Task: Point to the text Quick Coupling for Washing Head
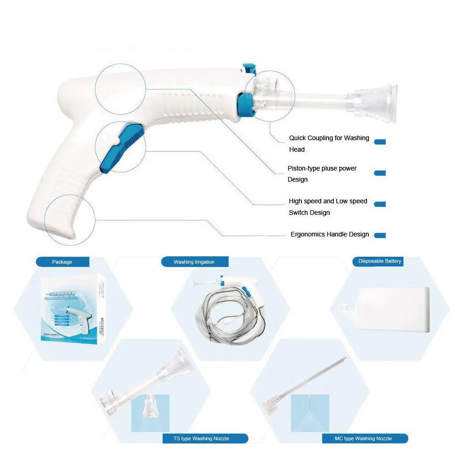(329, 143)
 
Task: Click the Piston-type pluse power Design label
(322, 174)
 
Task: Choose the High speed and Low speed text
(328, 207)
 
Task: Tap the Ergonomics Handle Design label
(329, 234)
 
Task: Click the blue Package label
(62, 262)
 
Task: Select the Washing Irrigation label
(194, 262)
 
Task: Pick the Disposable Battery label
(379, 261)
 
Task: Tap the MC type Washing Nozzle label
(364, 438)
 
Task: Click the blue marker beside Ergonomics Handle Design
(380, 235)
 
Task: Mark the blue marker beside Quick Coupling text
(380, 142)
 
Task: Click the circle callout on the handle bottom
(70, 219)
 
